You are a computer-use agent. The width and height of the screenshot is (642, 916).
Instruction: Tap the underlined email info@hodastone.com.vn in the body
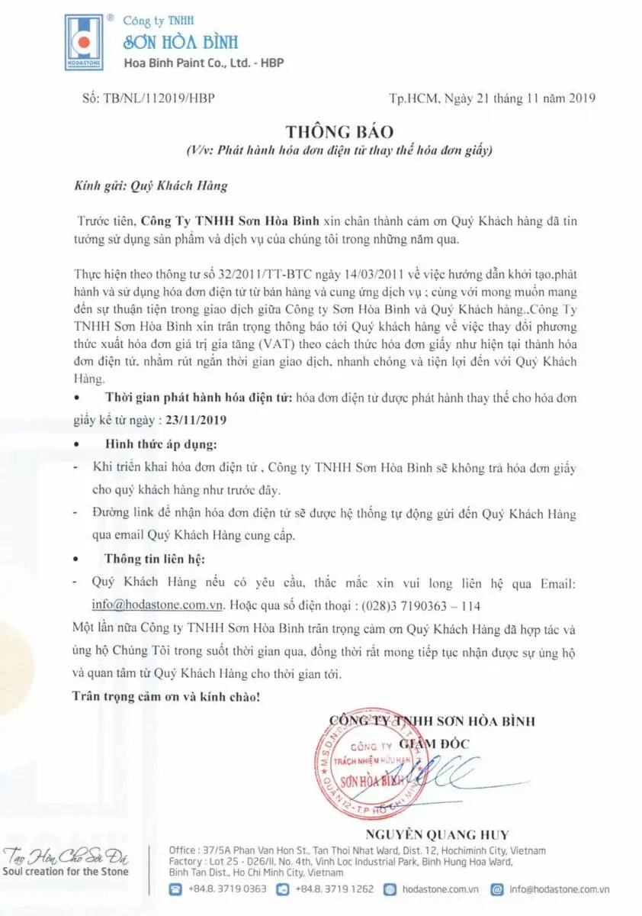point(157,604)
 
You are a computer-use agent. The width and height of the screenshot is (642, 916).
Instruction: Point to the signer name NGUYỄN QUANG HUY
point(437,834)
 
